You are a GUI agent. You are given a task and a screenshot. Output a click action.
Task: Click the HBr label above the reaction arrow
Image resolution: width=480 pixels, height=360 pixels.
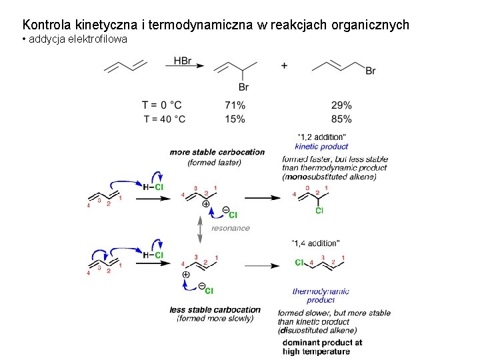(183, 61)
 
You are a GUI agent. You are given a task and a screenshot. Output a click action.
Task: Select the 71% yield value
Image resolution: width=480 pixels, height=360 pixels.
(235, 105)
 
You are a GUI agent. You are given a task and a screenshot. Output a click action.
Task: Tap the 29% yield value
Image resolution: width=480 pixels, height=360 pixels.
(341, 105)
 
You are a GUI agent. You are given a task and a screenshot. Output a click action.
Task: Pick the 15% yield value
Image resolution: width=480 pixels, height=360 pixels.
(235, 119)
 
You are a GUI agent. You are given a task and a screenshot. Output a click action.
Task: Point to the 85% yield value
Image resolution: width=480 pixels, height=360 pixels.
(341, 119)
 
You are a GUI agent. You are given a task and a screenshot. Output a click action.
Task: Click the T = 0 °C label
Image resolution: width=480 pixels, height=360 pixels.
(162, 105)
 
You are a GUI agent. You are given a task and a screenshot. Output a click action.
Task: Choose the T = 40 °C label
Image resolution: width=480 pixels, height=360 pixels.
(165, 119)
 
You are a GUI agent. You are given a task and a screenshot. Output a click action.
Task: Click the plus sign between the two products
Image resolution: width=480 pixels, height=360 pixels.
(284, 66)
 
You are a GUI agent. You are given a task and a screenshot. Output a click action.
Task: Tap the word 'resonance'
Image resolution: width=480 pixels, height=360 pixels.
(231, 228)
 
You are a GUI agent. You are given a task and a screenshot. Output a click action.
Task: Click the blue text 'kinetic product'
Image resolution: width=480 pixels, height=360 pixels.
(321, 147)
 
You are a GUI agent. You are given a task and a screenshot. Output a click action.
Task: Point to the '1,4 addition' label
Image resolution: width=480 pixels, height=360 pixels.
(316, 243)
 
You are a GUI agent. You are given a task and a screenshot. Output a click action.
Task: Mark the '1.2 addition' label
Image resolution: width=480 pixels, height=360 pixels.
(321, 137)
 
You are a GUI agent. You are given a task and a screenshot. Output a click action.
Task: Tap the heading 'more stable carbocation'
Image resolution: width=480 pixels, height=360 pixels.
(217, 152)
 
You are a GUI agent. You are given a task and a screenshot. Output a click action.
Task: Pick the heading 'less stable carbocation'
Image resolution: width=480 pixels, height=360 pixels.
(215, 309)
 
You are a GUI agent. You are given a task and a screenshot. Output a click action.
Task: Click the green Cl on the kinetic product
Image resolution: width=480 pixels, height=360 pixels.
(319, 211)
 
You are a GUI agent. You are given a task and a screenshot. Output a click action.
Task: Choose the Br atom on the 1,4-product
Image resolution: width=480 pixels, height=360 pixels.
(371, 71)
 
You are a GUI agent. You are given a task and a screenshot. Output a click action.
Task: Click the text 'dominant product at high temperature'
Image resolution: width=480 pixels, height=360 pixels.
(322, 347)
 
